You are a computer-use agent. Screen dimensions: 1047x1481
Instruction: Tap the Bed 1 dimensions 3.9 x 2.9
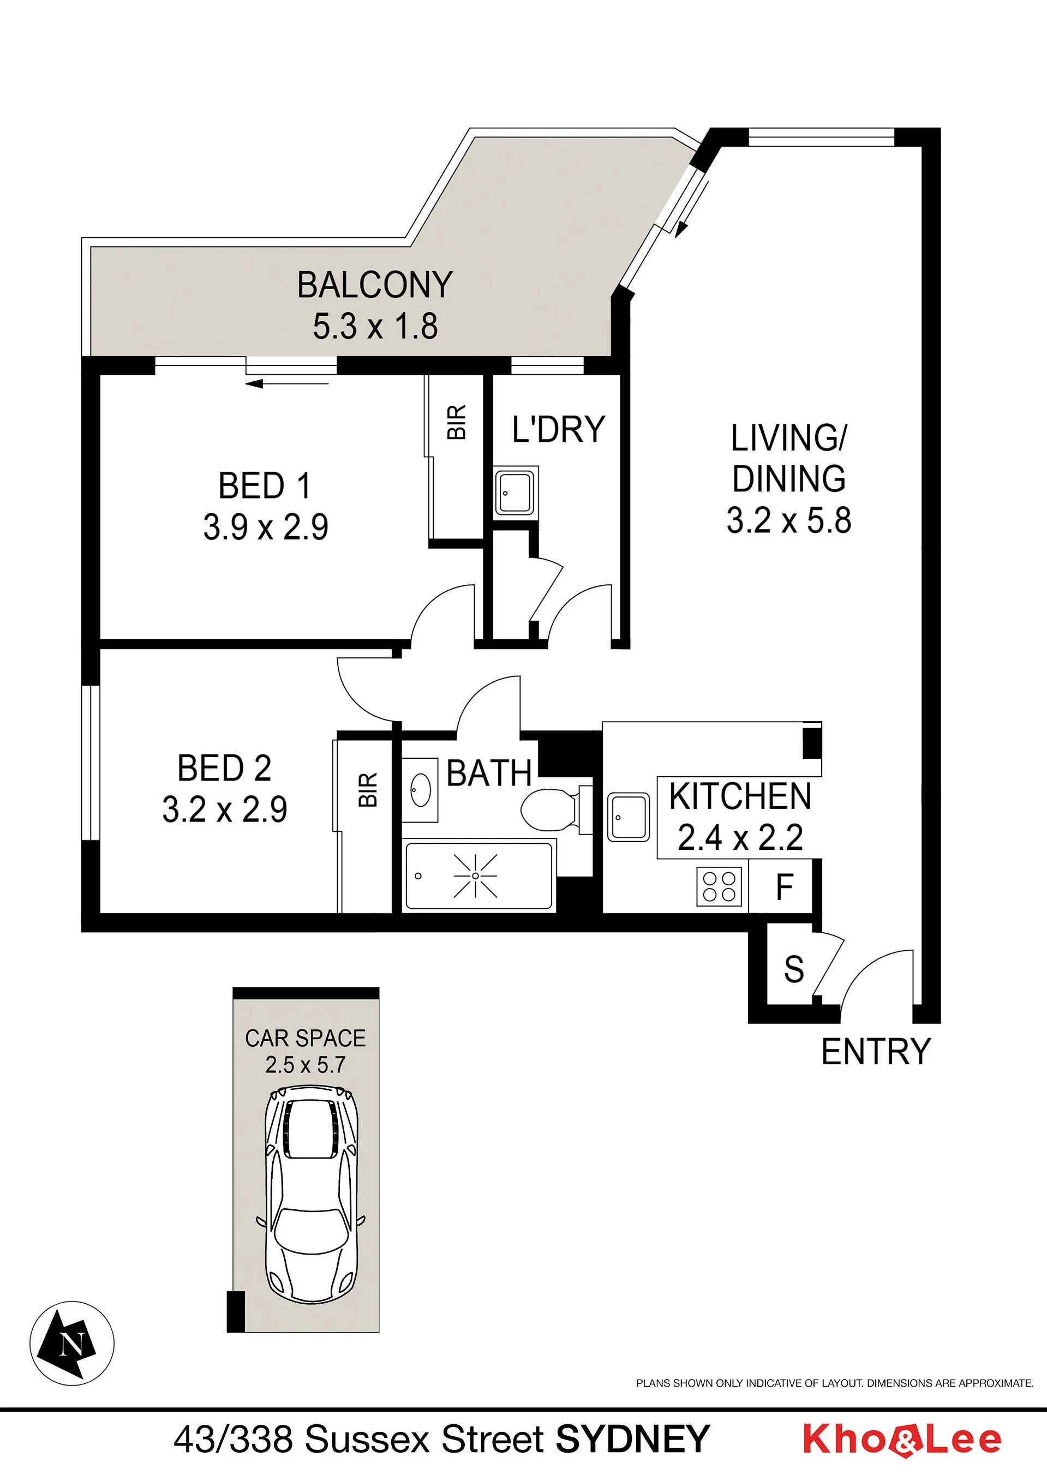266,526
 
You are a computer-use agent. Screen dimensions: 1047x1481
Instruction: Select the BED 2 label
224,768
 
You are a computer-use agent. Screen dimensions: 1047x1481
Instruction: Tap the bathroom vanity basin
421,790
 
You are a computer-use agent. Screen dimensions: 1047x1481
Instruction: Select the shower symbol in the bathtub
475,876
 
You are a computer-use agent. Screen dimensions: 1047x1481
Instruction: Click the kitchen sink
629,817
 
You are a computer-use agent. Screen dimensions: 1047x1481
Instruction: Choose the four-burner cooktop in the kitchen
719,886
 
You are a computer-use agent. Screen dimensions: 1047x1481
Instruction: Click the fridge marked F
785,887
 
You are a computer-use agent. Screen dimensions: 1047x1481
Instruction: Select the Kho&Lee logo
902,1440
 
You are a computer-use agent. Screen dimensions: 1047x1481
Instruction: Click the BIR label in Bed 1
457,423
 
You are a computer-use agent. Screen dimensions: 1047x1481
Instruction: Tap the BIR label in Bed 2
368,790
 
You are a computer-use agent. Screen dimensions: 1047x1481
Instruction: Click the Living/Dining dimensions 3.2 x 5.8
788,520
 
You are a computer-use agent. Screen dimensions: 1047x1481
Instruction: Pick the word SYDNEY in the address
633,1439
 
